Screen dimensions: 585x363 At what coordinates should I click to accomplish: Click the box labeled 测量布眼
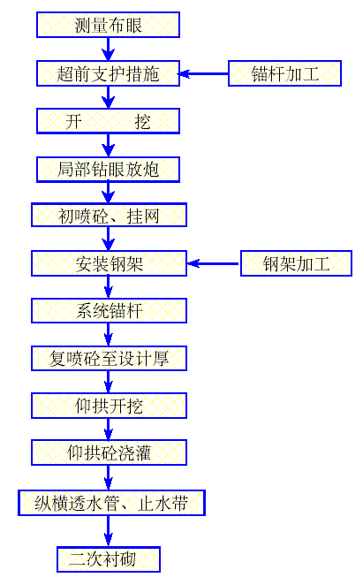pos(108,25)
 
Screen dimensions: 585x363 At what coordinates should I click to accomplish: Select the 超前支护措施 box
pos(108,72)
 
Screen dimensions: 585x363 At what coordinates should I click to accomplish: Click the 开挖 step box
pos(108,120)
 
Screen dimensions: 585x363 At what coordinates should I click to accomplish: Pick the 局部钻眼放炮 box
pos(108,168)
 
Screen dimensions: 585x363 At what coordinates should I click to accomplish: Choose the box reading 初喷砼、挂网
pos(109,216)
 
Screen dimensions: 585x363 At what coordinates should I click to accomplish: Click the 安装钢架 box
pos(109,263)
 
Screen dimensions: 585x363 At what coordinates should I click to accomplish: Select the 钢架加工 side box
pos(296,263)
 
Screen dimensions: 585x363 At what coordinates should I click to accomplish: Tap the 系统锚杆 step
pos(109,311)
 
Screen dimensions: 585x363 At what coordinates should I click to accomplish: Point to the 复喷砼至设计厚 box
pos(109,358)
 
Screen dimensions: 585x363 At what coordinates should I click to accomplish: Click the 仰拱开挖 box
pos(109,406)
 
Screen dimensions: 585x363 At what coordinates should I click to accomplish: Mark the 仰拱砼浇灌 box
pos(109,453)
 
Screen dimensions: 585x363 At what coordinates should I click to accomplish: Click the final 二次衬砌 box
pos(109,558)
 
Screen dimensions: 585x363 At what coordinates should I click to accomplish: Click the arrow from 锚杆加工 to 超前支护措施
pos(204,72)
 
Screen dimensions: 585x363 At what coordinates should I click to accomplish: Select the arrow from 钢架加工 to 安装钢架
pos(214,263)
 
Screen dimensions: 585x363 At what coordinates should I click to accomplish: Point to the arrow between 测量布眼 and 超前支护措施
pos(108,49)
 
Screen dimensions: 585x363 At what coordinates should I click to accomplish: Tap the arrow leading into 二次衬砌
pos(109,530)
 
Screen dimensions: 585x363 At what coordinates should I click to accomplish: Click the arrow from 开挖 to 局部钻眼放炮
pos(108,144)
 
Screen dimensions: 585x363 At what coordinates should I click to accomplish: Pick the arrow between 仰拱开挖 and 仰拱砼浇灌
pos(109,429)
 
